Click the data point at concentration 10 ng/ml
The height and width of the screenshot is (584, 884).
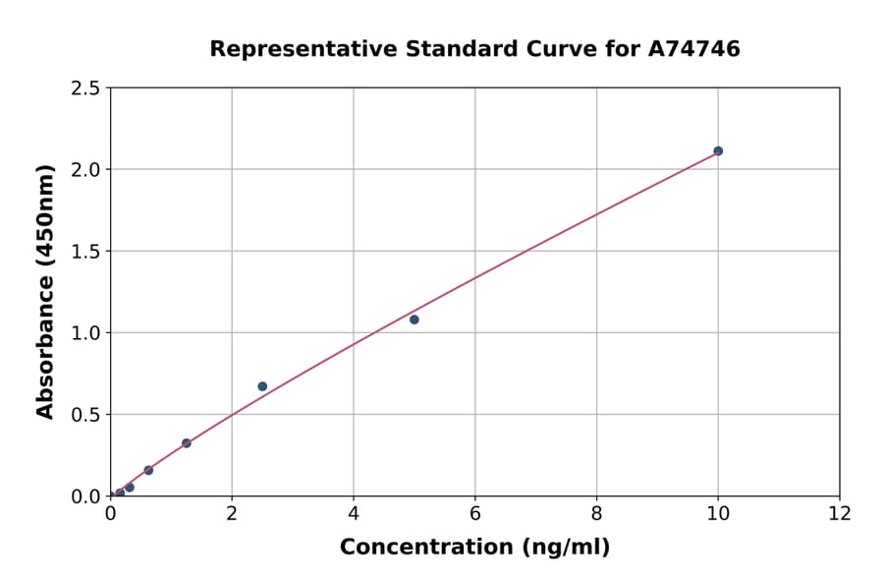click(718, 150)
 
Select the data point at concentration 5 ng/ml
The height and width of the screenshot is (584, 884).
click(414, 320)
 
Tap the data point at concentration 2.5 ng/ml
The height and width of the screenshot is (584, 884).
click(262, 386)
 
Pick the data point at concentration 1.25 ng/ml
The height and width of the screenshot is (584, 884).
click(187, 443)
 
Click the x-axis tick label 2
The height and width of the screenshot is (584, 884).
click(232, 514)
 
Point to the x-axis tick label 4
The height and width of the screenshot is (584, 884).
click(354, 514)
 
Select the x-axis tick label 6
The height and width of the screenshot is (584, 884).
click(475, 514)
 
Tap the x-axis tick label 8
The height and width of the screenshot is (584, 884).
click(597, 514)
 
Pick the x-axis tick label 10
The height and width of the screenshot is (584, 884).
click(718, 514)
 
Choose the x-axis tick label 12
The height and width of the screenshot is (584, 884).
click(840, 514)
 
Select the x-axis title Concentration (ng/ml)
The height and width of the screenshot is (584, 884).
click(474, 548)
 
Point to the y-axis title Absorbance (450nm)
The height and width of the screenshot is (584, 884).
click(45, 292)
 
